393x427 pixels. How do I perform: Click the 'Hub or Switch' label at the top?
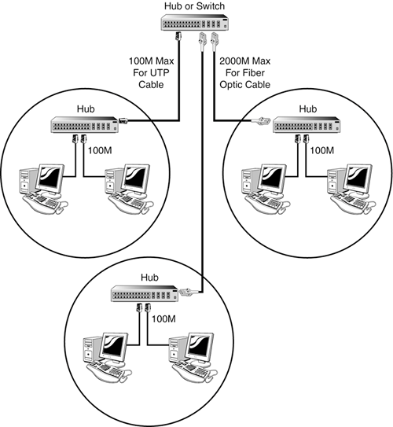click(x=194, y=6)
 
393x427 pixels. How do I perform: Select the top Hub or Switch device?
click(x=195, y=23)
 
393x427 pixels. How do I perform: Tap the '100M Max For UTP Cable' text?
click(x=151, y=72)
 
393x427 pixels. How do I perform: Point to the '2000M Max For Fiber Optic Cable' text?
click(x=245, y=72)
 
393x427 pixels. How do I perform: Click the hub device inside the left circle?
click(x=85, y=125)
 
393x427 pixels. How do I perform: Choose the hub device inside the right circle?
click(x=307, y=125)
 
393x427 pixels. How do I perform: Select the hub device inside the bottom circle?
click(x=145, y=293)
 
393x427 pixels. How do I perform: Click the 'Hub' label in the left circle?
click(x=86, y=109)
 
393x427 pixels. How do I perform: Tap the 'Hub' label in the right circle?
click(x=308, y=109)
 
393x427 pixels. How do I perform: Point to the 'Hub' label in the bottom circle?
click(x=149, y=278)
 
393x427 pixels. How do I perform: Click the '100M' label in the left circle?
click(x=100, y=151)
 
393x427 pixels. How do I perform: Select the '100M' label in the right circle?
click(x=322, y=151)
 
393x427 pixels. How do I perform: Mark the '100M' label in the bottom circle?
click(x=163, y=319)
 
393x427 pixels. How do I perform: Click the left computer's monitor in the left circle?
click(x=50, y=179)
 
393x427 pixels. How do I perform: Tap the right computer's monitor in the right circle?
click(x=358, y=179)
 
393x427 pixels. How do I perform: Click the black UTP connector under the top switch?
click(x=178, y=36)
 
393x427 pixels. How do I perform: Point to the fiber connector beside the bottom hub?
click(x=188, y=292)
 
